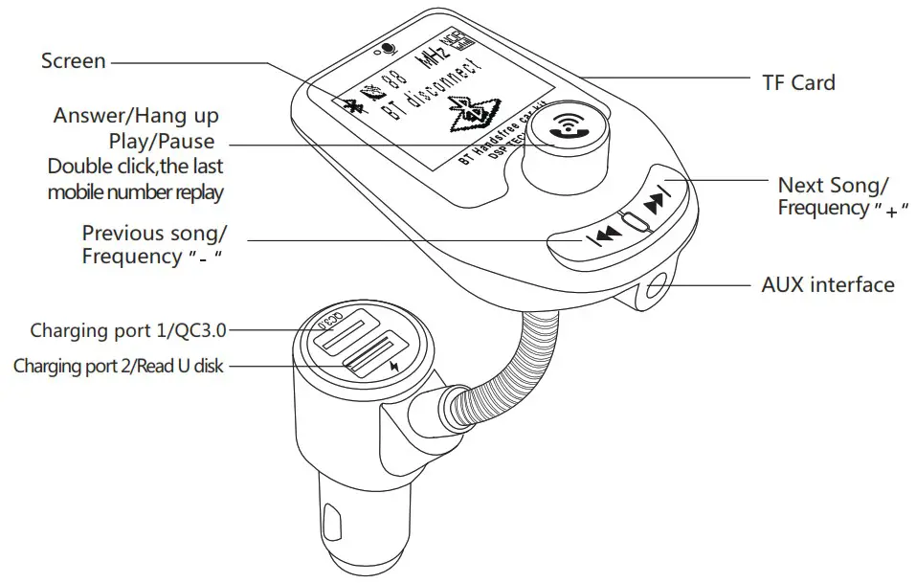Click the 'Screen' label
pos(73,61)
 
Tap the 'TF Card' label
pos(798,82)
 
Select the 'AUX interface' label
pos(827,284)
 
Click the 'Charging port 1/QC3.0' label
pos(128,331)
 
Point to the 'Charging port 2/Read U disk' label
pos(118,365)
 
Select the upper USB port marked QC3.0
pos(344,337)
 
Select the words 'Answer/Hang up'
pos(136,116)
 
